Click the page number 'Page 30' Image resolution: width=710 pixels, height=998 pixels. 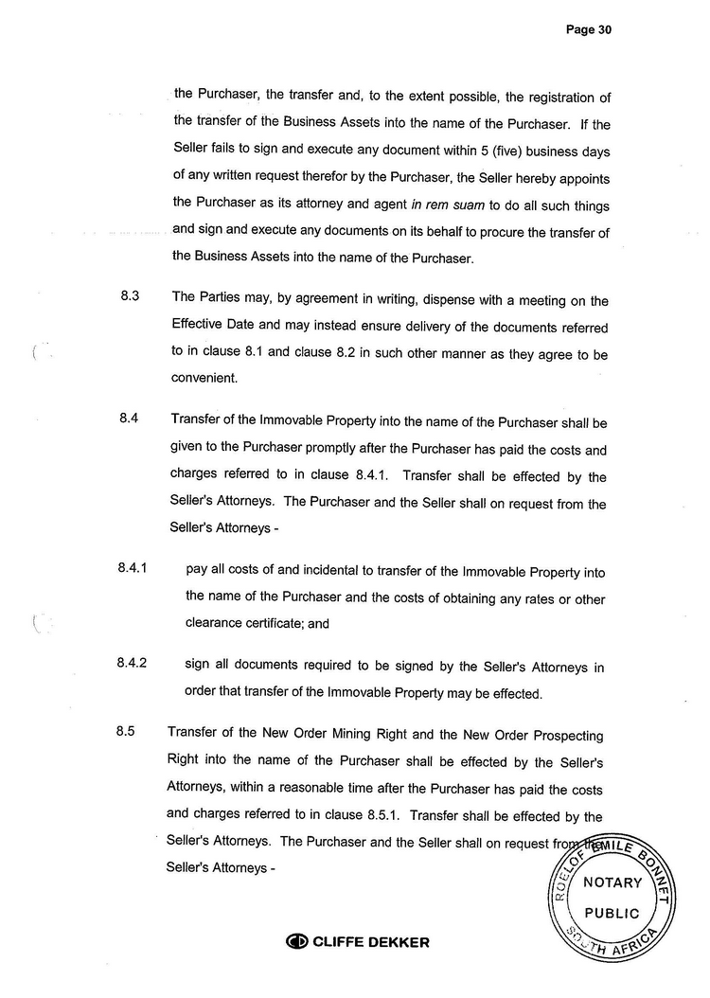pos(589,30)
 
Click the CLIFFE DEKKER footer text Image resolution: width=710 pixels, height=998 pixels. pos(372,942)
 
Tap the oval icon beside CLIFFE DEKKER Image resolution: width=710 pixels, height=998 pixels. pos(297,942)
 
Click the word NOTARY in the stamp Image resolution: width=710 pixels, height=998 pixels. pos(612,882)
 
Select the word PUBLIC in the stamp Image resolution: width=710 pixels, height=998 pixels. pos(612,914)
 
